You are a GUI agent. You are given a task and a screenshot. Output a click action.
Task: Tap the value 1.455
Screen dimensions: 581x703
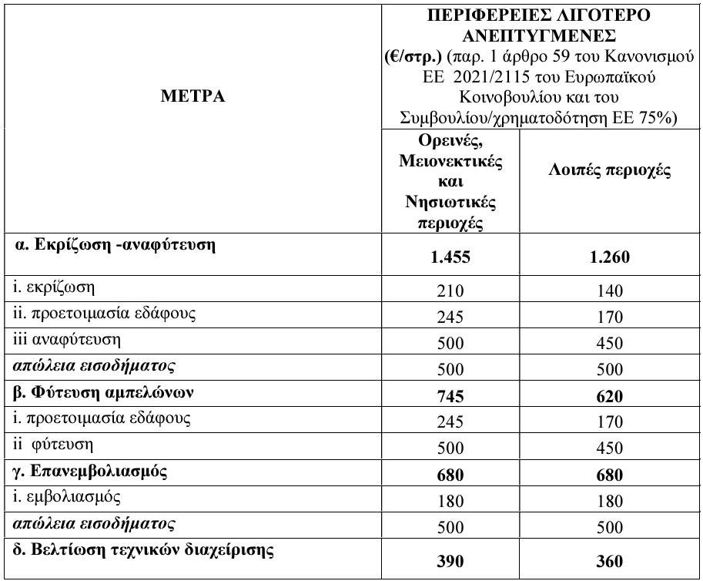click(x=450, y=256)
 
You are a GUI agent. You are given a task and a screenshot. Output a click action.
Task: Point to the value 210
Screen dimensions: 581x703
click(x=450, y=290)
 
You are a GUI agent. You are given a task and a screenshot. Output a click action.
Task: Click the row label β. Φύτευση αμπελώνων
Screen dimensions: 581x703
click(x=103, y=391)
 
